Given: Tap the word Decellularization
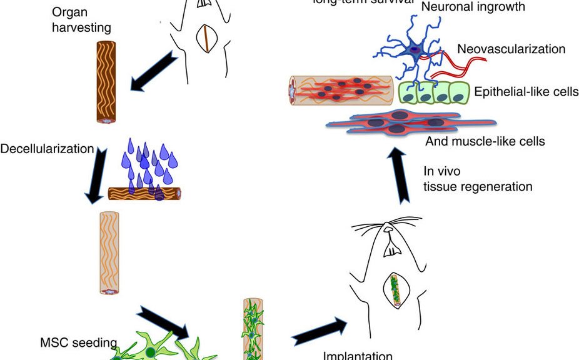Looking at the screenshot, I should tap(47, 149).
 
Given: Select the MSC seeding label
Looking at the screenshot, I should tap(78, 342).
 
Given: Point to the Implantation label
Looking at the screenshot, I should tap(358, 355).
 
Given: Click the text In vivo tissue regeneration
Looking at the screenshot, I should tap(478, 179).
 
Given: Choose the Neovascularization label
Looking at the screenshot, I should tap(511, 49).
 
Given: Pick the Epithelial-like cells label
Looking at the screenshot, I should tap(526, 92).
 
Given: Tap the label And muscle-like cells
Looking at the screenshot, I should tap(485, 141).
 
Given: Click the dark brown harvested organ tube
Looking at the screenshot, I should tap(106, 81).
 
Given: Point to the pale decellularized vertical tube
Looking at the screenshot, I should tap(109, 252).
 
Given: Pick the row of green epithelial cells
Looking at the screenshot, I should tap(434, 92).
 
